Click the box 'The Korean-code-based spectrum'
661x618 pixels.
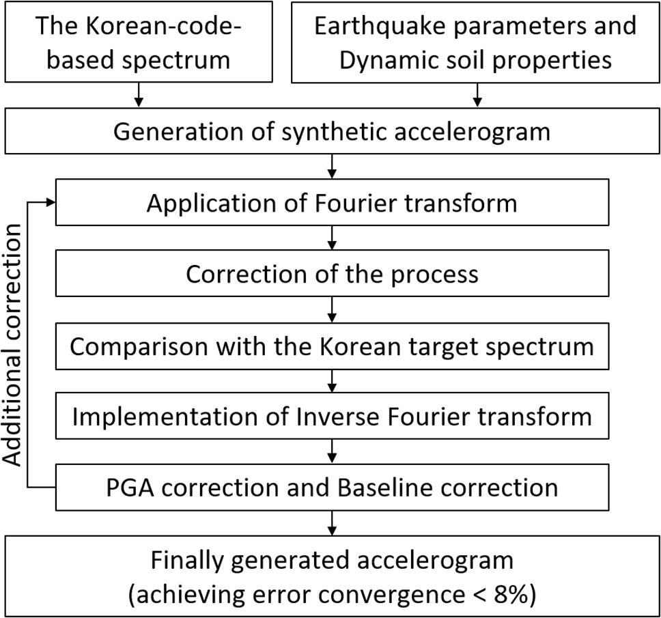pyautogui.click(x=139, y=42)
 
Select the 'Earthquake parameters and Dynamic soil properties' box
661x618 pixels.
pyautogui.click(x=475, y=42)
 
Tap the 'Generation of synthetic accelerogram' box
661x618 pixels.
pyautogui.click(x=331, y=130)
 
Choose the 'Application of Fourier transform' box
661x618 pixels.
pyautogui.click(x=331, y=203)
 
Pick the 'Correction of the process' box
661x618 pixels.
pyautogui.click(x=331, y=274)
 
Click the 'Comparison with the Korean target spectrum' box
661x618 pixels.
pyautogui.click(x=331, y=346)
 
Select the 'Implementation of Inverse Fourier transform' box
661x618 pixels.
pyautogui.click(x=331, y=416)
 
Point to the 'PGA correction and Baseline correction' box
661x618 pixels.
pyautogui.click(x=331, y=487)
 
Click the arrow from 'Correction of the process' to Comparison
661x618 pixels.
pyautogui.click(x=332, y=310)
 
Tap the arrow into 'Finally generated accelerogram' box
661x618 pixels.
pyautogui.click(x=332, y=523)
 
